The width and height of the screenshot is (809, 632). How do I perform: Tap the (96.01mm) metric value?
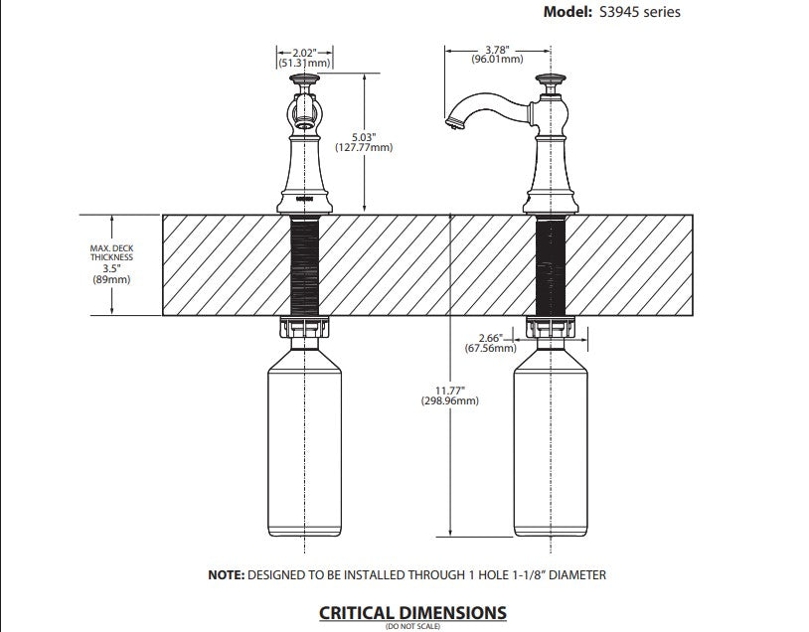497,59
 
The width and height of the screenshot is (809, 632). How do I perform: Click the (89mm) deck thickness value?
110,279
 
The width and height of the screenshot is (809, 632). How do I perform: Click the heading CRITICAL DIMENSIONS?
412,612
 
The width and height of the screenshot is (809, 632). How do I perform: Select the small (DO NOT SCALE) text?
412,626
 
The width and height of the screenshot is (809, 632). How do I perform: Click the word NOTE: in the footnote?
226,574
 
